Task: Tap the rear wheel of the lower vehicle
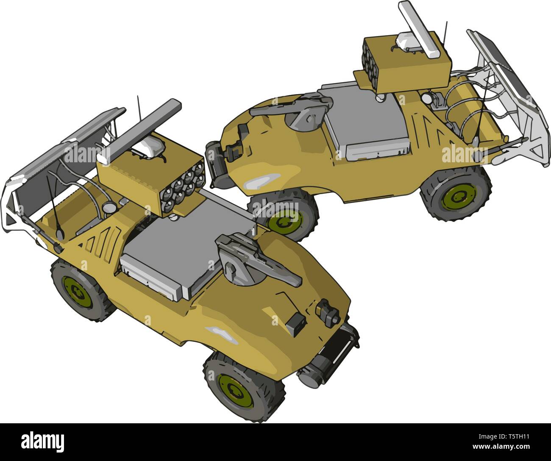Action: click(81, 290)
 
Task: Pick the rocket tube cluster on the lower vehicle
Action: click(183, 188)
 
